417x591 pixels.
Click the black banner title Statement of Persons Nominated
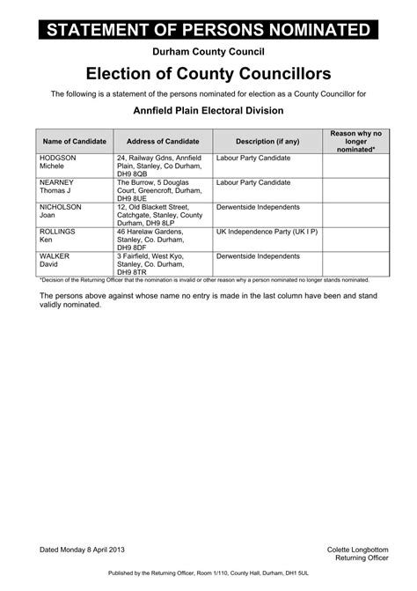pos(208,31)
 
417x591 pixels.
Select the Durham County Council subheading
pos(208,55)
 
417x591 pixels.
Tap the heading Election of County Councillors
pos(208,74)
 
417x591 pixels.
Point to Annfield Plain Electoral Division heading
pos(208,111)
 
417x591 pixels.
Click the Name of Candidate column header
pos(74,141)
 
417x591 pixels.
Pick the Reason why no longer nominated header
pos(355,141)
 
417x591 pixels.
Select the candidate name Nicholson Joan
pos(60,211)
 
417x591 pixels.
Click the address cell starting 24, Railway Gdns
pos(158,166)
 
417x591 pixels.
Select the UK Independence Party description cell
pos(267,232)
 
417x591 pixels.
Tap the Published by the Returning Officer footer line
pos(208,573)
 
